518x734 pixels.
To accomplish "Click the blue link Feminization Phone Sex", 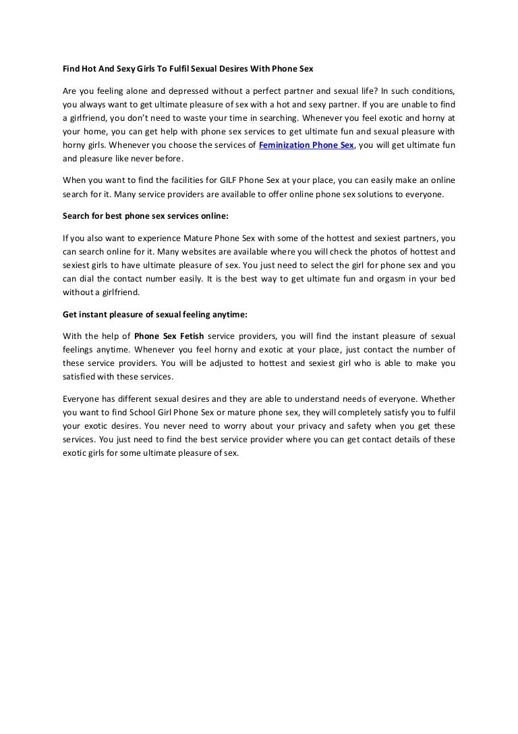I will click(x=306, y=145).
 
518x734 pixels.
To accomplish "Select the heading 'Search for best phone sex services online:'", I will click(x=146, y=218).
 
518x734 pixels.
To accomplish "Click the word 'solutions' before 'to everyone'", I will click(x=384, y=194).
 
